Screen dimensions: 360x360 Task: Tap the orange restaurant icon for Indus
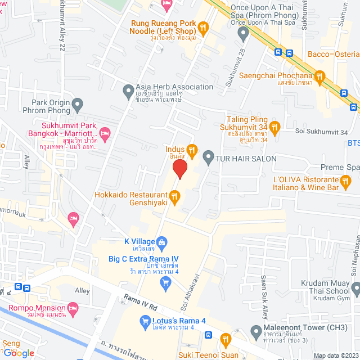(x=192, y=150)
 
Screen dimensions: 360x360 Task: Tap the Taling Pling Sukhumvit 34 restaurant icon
(x=274, y=127)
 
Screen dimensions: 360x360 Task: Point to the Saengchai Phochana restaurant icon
(x=319, y=76)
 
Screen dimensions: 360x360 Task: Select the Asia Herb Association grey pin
(x=128, y=89)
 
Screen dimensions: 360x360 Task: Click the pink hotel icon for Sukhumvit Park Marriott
(x=105, y=133)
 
